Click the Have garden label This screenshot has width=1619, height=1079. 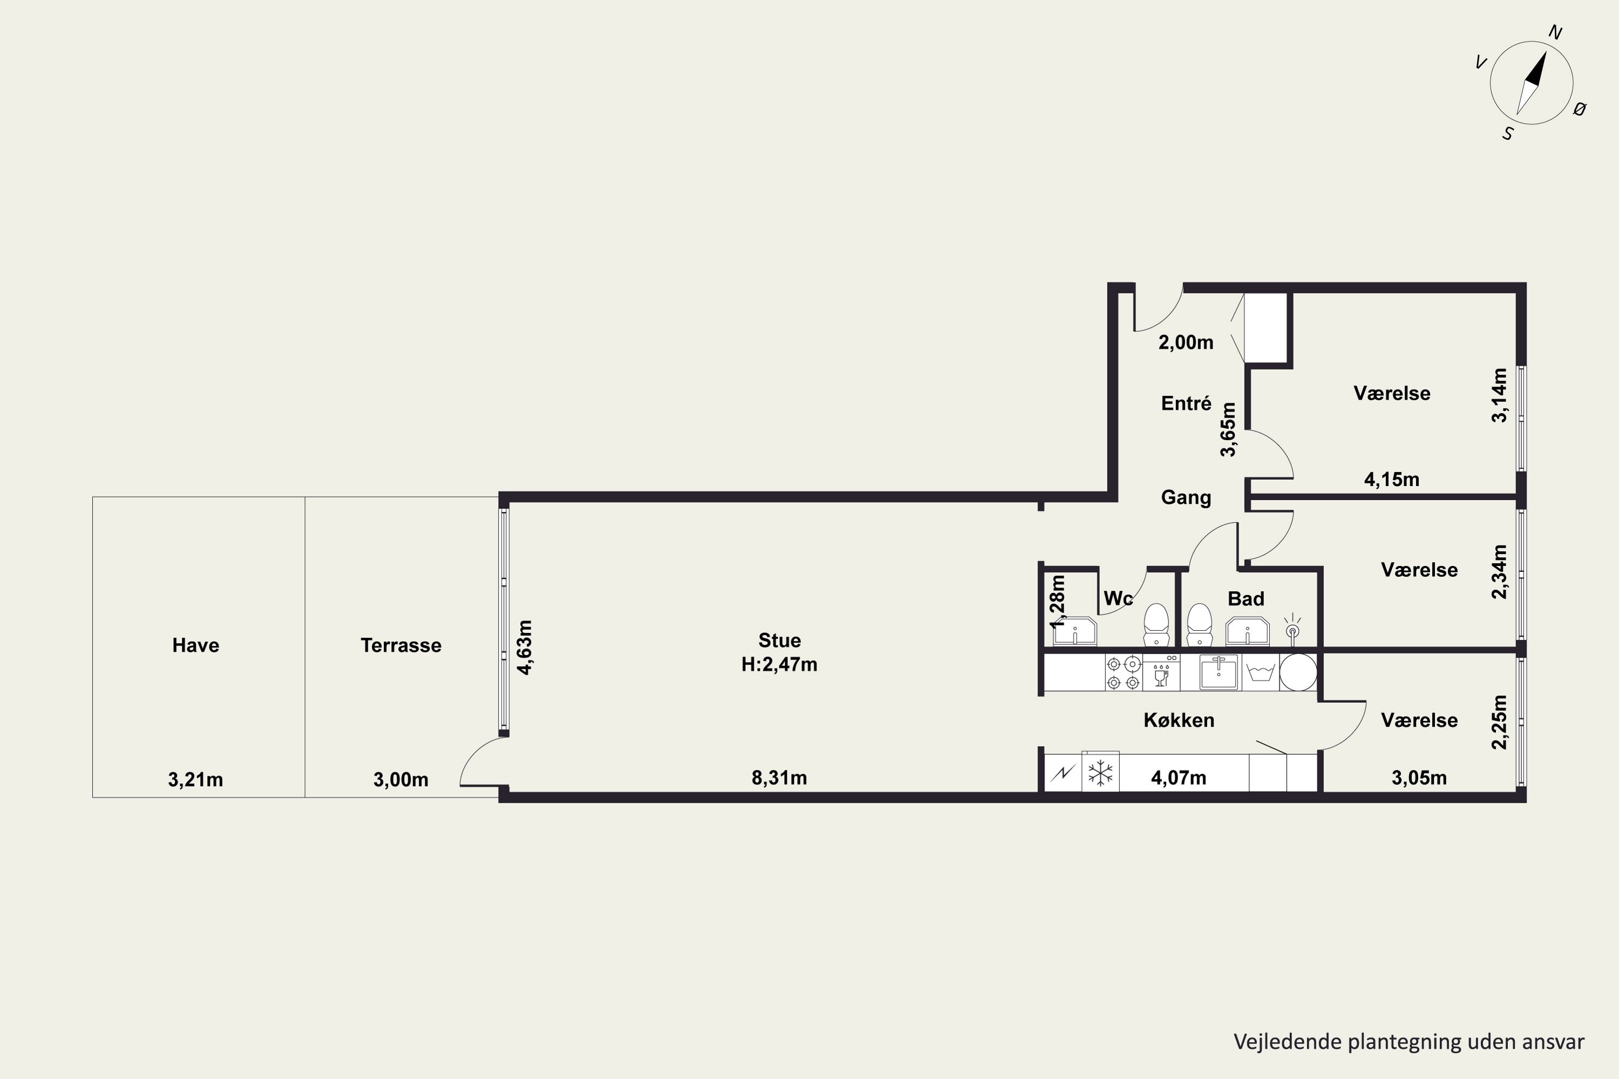click(x=195, y=645)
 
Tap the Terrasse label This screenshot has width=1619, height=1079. click(x=400, y=645)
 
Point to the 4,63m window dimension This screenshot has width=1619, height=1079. click(x=525, y=647)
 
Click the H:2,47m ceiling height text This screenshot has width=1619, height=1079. click(x=779, y=665)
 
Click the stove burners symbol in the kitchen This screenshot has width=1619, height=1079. click(x=1124, y=673)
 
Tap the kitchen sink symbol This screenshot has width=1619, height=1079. click(x=1219, y=672)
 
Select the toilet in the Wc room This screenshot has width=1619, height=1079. click(x=1157, y=625)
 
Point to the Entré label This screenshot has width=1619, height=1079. click(x=1186, y=403)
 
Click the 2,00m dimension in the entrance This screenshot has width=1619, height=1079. click(x=1186, y=343)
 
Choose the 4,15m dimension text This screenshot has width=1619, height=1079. click(x=1392, y=480)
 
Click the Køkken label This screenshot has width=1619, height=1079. click(x=1179, y=720)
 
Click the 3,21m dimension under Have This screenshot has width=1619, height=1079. click(x=195, y=780)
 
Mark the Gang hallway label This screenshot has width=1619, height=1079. click(x=1186, y=497)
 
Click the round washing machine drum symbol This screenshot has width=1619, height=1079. click(x=1298, y=672)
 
